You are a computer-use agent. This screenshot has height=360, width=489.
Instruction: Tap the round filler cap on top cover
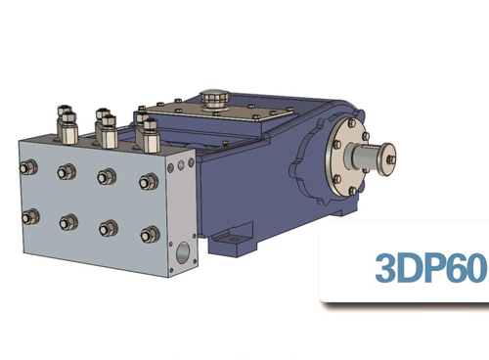pyautogui.click(x=212, y=98)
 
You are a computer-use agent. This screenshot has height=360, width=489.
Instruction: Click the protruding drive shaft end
pyautogui.click(x=382, y=154)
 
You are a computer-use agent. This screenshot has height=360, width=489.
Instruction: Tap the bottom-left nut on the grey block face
pyautogui.click(x=33, y=215)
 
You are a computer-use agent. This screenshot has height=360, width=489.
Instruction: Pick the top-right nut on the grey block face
pyautogui.click(x=149, y=182)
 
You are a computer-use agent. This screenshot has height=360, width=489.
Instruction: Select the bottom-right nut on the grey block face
pyautogui.click(x=150, y=234)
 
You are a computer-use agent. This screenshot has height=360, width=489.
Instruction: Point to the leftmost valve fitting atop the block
pyautogui.click(x=65, y=122)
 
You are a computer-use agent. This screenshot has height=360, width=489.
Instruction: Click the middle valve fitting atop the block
pyautogui.click(x=104, y=125)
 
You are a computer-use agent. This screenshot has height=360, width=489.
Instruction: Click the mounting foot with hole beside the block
pyautogui.click(x=232, y=237)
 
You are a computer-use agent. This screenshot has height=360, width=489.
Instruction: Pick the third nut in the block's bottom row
pyautogui.click(x=108, y=228)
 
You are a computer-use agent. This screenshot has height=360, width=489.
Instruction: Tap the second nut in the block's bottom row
pyautogui.click(x=68, y=222)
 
